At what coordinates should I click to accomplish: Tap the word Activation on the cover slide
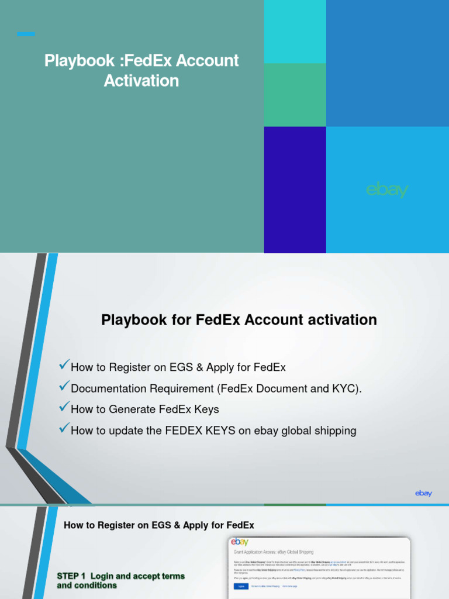141,81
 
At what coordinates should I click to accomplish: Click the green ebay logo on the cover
386,190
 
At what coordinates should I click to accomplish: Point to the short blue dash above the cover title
26,34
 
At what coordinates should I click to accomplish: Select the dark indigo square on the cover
295,190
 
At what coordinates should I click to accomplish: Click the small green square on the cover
295,95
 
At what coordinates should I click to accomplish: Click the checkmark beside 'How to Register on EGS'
64,366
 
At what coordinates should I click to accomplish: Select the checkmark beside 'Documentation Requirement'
64,387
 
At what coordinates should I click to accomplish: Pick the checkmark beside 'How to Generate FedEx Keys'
64,408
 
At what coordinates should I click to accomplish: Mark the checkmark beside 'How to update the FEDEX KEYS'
64,429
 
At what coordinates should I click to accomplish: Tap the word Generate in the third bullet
127,410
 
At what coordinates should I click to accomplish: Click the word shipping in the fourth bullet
333,431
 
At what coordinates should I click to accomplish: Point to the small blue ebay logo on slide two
423,493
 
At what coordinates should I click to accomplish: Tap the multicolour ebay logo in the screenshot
241,542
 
